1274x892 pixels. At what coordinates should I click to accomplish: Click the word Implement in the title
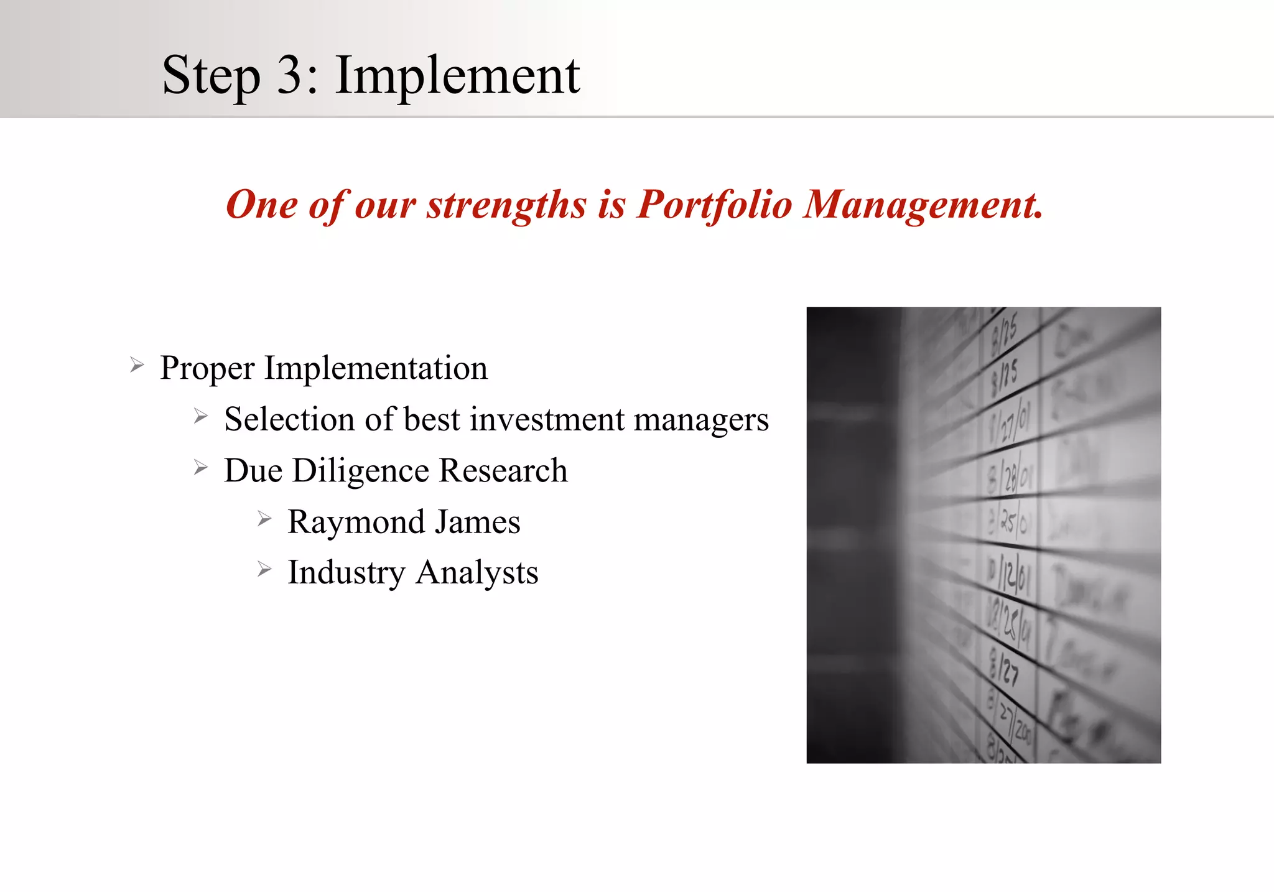457,75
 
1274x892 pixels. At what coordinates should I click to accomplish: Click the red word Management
922,205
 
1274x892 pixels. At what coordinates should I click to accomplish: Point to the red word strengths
506,206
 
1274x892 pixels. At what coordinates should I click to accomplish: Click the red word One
261,205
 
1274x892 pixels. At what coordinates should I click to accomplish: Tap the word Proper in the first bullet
207,368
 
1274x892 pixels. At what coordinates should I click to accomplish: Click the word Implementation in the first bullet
376,368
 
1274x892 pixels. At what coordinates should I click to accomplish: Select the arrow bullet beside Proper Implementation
137,365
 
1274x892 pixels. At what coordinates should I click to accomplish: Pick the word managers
701,420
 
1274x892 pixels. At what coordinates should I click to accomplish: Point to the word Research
503,470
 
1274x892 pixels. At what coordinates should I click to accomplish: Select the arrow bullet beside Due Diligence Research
200,467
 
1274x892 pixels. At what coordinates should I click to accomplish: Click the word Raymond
356,523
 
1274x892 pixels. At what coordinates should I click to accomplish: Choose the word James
477,521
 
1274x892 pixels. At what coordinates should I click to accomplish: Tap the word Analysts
477,573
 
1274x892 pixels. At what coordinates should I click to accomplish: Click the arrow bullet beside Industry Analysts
264,569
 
